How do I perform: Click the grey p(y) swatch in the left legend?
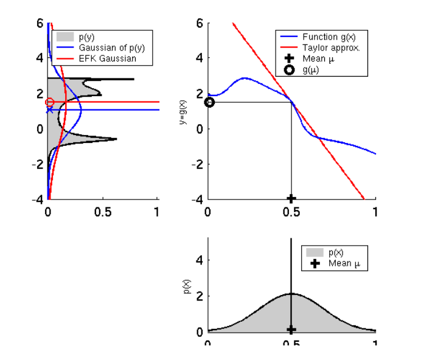click(65, 37)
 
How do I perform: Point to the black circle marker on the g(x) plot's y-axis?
click(209, 102)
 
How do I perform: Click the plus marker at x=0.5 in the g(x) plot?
click(291, 198)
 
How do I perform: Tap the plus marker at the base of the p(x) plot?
click(291, 329)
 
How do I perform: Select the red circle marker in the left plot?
click(50, 102)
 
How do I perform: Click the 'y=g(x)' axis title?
click(182, 112)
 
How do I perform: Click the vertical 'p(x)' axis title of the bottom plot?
click(188, 286)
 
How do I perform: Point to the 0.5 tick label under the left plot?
click(102, 212)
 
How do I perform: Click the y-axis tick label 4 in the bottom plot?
click(199, 260)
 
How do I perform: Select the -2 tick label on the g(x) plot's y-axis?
click(197, 164)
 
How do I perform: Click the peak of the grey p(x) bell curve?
click(291, 294)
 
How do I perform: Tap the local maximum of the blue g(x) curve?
click(245, 78)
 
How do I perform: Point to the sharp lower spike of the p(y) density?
click(116, 139)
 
